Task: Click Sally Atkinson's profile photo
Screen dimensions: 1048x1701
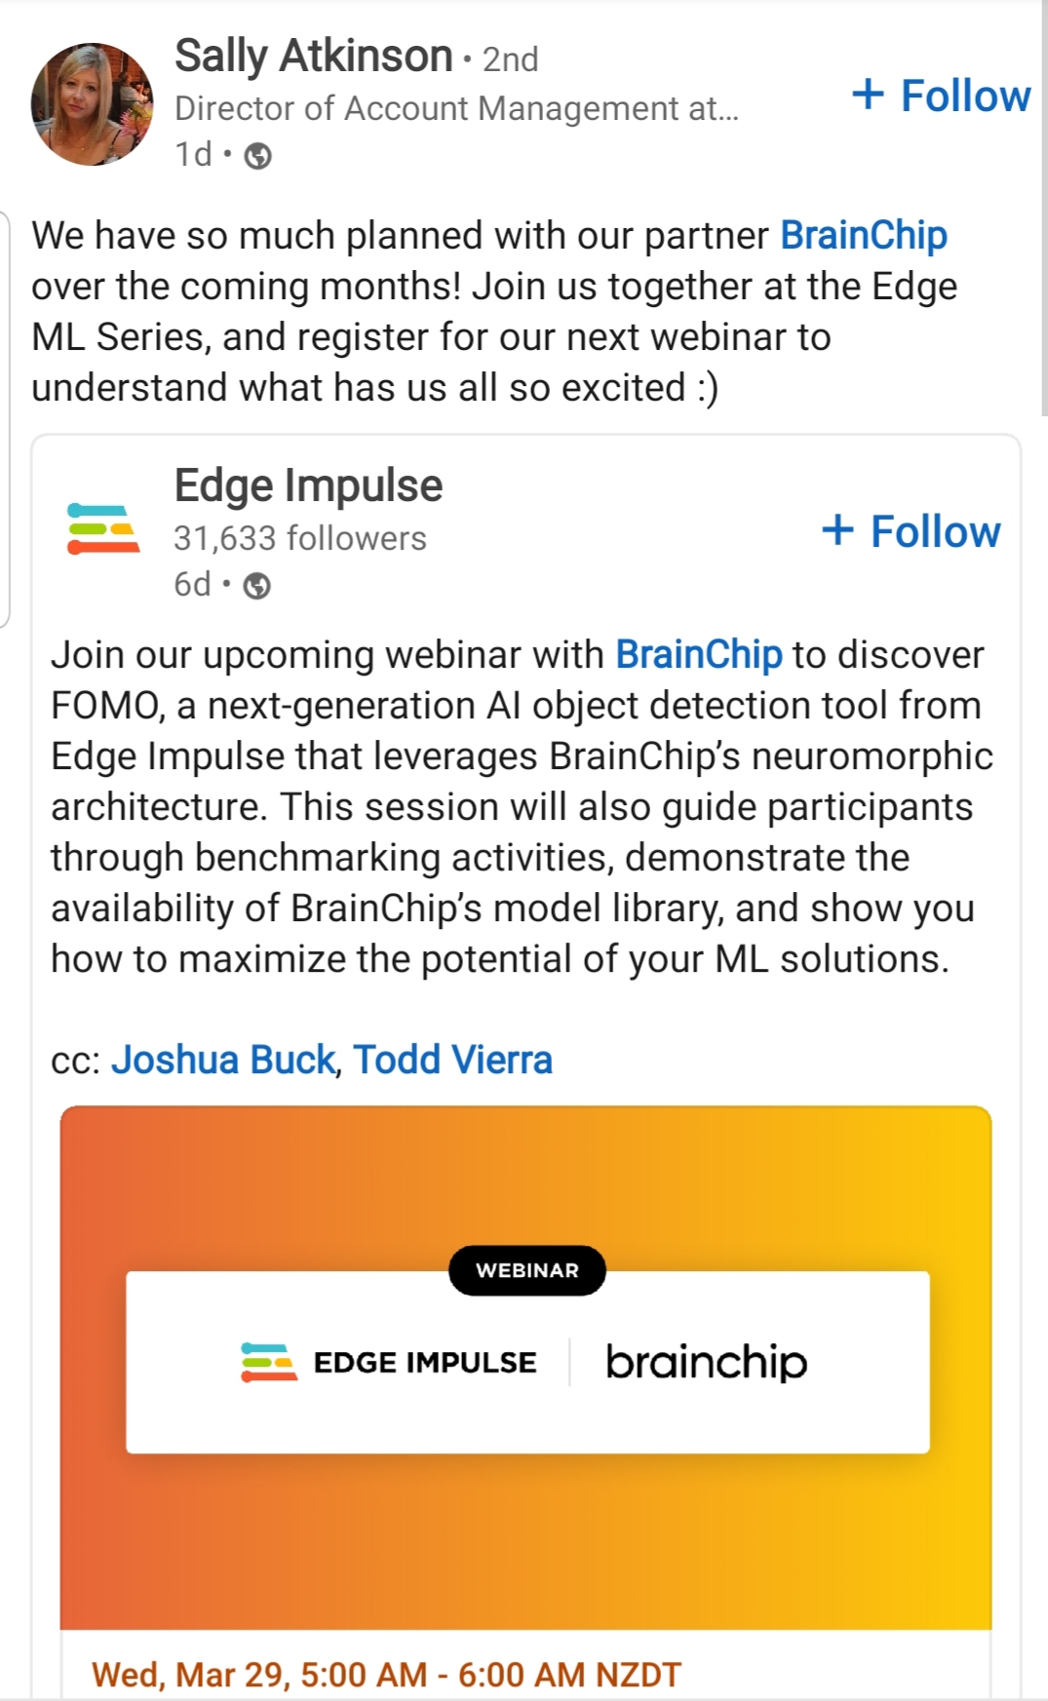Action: [93, 104]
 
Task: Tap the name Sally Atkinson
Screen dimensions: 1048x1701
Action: [314, 57]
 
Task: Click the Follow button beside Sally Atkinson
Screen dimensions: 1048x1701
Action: [941, 96]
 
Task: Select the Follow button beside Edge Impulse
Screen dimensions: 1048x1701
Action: [911, 531]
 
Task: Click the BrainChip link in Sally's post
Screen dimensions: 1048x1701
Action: [864, 236]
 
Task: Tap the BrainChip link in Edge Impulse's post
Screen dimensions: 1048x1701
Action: [698, 655]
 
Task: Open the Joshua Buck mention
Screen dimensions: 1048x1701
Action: [222, 1060]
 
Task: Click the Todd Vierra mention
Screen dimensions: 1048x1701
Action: [452, 1060]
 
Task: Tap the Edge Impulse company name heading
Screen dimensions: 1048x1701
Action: [308, 485]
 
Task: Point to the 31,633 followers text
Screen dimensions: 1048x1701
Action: [300, 538]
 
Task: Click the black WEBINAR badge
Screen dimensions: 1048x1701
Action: [527, 1270]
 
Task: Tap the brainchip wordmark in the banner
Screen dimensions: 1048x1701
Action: [707, 1362]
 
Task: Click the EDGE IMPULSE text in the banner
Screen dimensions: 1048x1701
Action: [425, 1363]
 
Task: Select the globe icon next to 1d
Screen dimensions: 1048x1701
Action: [257, 156]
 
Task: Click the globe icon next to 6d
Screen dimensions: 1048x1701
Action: [256, 586]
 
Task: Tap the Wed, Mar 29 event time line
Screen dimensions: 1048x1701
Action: [386, 1675]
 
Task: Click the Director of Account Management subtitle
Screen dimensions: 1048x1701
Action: [456, 108]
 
